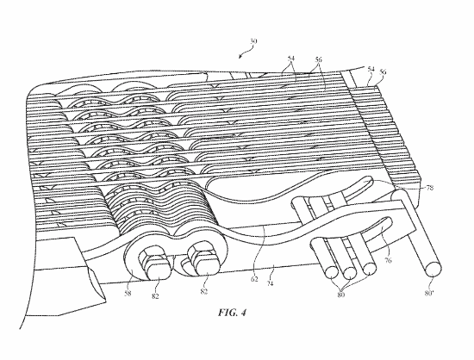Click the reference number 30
coord(253,41)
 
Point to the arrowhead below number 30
coord(240,57)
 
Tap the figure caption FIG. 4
coord(232,313)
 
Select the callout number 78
coord(430,188)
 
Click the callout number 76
coord(389,260)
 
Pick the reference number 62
coord(254,279)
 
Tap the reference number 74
coord(270,283)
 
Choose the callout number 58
coord(128,293)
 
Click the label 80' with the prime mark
coord(429,293)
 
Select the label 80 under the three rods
coord(341,295)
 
